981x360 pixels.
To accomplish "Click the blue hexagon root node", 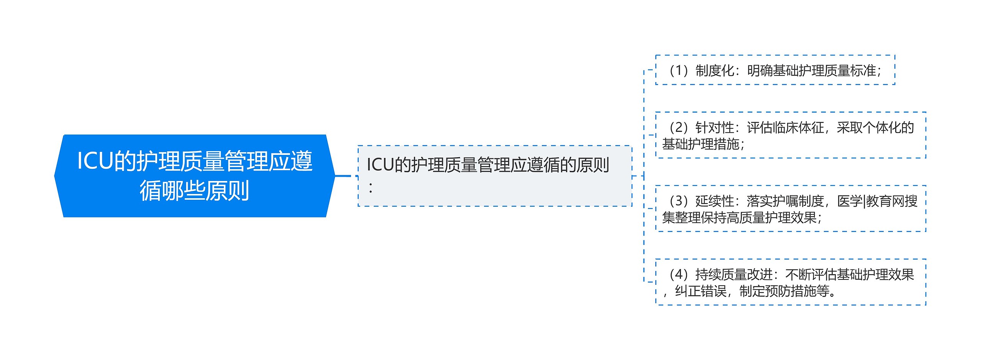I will click(x=195, y=176).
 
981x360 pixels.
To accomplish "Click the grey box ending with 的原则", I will click(x=494, y=176).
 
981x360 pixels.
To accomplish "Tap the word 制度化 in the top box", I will click(x=714, y=71).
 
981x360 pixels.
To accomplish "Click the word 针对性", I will click(x=714, y=128).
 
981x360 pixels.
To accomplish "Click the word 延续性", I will click(x=714, y=201).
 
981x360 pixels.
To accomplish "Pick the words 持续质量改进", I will click(x=733, y=275).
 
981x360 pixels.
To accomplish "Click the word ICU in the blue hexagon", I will click(x=95, y=161).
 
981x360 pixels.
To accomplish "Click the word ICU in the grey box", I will click(x=380, y=165).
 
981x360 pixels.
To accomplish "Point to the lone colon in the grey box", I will click(x=371, y=188).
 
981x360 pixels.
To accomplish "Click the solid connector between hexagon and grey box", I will click(x=343, y=176).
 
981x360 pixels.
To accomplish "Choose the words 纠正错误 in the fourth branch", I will click(x=700, y=291).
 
